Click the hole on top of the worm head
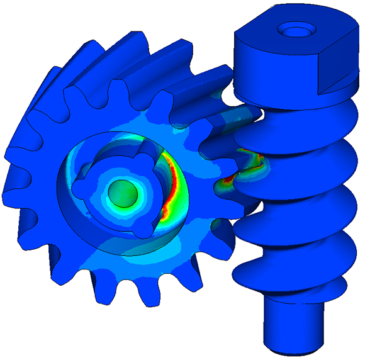(294, 29)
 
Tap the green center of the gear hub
(121, 192)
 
